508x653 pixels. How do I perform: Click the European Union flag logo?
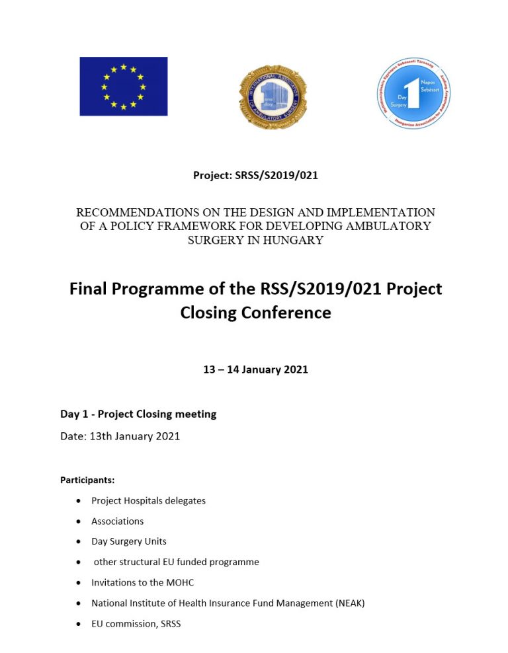coord(124,87)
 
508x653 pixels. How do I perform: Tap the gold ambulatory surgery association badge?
coord(273,97)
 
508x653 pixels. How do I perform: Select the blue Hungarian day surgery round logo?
coord(413,93)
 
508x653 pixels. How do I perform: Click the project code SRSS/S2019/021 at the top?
coord(278,175)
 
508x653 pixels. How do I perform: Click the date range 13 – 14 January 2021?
coord(255,369)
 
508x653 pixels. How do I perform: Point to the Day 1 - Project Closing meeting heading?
coord(138,414)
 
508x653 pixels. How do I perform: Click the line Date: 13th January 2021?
coord(120,436)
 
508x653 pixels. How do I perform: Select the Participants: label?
coord(87,480)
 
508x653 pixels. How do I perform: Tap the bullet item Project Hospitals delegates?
coord(148,500)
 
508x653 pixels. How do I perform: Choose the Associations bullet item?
coord(117,521)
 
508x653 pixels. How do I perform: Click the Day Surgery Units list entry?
coord(128,541)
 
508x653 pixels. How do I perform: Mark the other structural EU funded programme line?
coord(176,562)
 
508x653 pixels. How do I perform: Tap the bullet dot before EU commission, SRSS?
coord(79,623)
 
